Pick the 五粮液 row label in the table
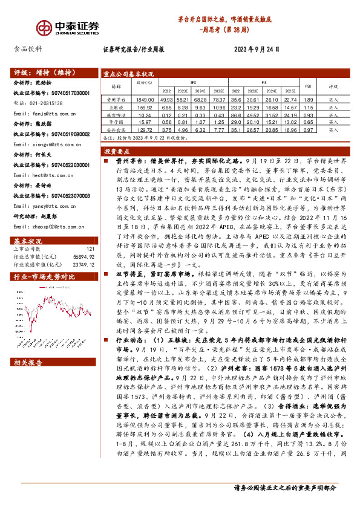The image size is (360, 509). [x=115, y=106]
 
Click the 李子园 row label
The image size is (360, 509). [x=115, y=122]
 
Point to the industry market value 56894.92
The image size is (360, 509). [x=83, y=239]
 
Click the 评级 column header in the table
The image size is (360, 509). [x=333, y=86]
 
